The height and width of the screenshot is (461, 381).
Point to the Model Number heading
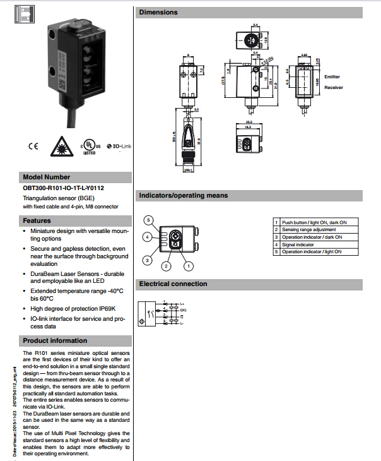(x=47, y=177)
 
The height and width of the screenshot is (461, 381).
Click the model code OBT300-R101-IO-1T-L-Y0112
(x=63, y=188)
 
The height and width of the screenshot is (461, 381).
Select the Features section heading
(x=37, y=221)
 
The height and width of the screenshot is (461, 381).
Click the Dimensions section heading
(x=158, y=12)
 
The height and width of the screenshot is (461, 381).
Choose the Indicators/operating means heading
(x=183, y=195)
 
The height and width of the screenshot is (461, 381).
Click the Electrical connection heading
(x=173, y=284)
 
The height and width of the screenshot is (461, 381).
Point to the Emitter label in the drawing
(x=332, y=77)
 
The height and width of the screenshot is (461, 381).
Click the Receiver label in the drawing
(x=334, y=88)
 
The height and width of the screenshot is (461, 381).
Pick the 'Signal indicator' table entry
(x=297, y=244)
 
